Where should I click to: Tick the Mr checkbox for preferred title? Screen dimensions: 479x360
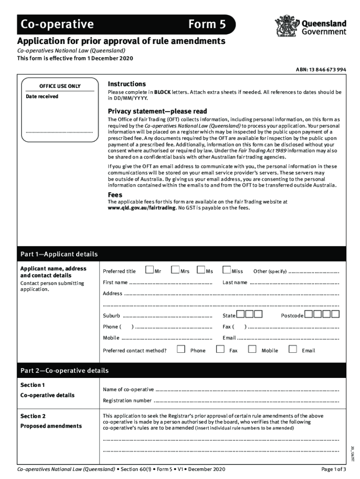tap(149, 270)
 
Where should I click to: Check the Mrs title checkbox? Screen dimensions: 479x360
tap(175, 270)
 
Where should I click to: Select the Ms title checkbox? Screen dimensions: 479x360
tap(201, 270)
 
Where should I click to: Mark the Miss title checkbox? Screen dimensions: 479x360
tap(227, 270)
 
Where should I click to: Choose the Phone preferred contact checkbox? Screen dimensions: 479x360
tap(181, 349)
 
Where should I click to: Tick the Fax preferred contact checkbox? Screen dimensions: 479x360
tap(220, 349)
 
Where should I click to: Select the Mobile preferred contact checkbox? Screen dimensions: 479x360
tap(252, 349)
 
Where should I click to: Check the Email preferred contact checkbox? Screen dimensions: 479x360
tap(293, 349)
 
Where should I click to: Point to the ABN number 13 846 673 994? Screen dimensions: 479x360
tap(321, 70)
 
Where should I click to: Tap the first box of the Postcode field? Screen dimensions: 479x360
tap(309, 314)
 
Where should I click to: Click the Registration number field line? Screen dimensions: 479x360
tap(246, 401)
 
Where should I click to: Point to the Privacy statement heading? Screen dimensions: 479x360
tap(157, 111)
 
